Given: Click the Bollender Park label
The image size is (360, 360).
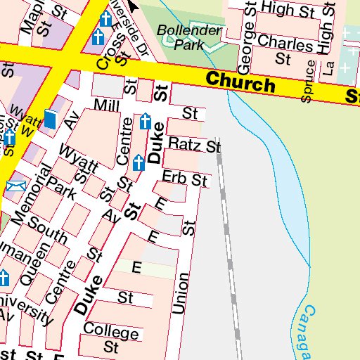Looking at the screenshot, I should pyautogui.click(x=180, y=37).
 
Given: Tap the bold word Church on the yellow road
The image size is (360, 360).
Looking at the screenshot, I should pyautogui.click(x=240, y=84).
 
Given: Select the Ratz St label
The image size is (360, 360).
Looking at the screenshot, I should pyautogui.click(x=195, y=146).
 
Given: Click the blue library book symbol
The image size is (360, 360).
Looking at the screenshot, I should pyautogui.click(x=50, y=119).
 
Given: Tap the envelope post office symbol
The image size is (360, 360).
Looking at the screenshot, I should pyautogui.click(x=15, y=186).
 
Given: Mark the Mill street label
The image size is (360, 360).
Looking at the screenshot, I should pyautogui.click(x=108, y=105).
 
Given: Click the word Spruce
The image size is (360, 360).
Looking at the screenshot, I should pyautogui.click(x=306, y=86).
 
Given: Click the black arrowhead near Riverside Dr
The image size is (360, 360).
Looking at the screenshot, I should pyautogui.click(x=133, y=6).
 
